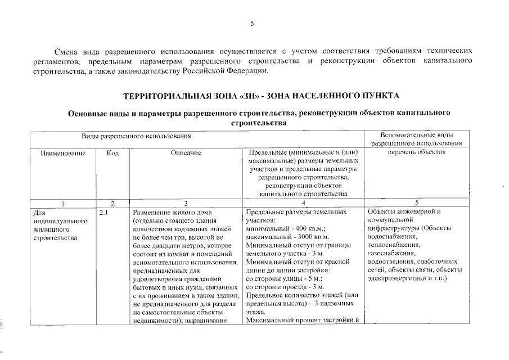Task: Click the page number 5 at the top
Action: click(x=253, y=23)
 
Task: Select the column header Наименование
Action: click(x=63, y=152)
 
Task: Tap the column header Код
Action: click(x=112, y=152)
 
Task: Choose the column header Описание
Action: click(x=186, y=152)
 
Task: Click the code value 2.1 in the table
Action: click(x=103, y=213)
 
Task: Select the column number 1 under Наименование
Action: click(x=63, y=202)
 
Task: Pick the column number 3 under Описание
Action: click(x=186, y=202)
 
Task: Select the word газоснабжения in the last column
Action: click(x=391, y=253)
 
